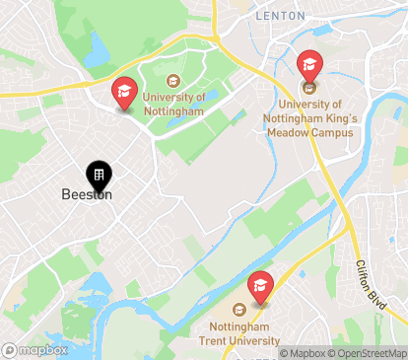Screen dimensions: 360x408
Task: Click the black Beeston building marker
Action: (99, 176)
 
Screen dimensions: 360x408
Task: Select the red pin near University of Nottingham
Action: (124, 93)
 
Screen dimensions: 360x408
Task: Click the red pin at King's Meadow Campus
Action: (309, 66)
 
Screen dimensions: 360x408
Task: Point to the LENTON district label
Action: (281, 16)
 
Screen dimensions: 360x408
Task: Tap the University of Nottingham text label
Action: (173, 104)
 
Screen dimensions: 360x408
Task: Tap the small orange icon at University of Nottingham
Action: (173, 81)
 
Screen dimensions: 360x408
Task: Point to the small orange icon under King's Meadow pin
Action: (308, 87)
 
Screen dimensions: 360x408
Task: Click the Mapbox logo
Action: (35, 350)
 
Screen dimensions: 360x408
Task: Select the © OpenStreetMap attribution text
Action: (369, 353)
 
